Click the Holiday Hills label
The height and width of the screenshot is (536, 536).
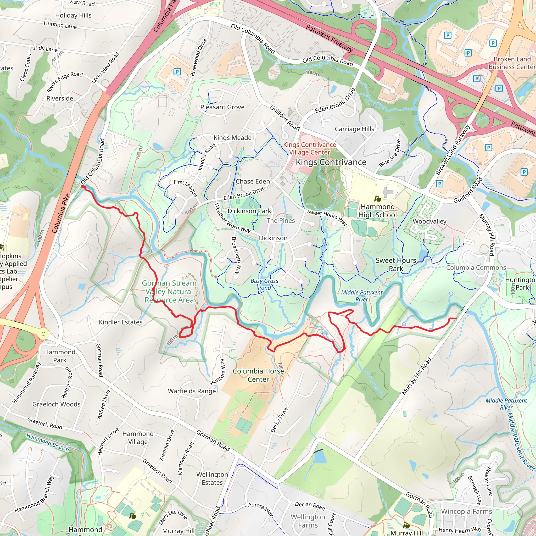point(73,15)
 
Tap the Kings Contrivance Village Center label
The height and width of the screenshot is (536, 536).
point(309,148)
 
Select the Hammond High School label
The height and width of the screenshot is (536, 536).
point(378,211)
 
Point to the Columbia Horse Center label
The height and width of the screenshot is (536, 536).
point(258,375)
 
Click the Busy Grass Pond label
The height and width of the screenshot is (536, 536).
point(264,284)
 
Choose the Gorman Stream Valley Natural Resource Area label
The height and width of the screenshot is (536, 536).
point(169,292)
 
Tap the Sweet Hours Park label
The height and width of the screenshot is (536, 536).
point(396,264)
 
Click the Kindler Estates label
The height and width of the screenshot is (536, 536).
point(121,322)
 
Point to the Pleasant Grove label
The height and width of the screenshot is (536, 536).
point(222,107)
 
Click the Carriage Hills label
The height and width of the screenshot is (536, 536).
point(354,129)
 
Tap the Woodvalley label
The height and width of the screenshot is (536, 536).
point(429,221)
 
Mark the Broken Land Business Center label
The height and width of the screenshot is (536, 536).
point(512,63)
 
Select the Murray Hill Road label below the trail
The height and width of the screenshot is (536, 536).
point(416,376)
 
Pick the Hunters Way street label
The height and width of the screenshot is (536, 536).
point(218,372)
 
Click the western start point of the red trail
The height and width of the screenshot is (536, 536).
point(82,187)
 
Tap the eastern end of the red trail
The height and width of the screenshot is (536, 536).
point(456,319)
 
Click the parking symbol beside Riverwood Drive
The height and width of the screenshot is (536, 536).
point(177,72)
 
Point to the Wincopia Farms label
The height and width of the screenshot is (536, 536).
point(466,511)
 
